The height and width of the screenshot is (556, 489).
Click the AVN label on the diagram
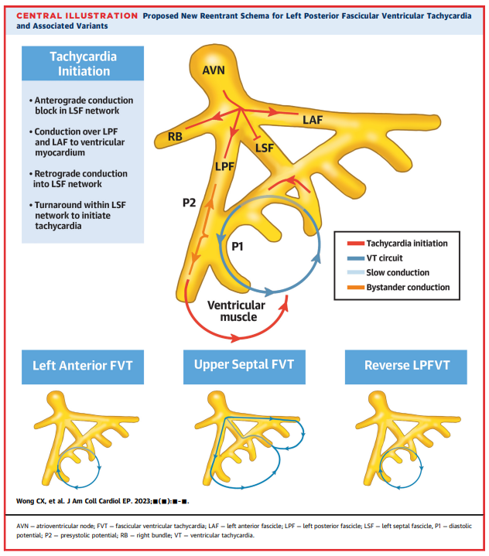[214, 70]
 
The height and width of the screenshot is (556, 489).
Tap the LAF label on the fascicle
[312, 120]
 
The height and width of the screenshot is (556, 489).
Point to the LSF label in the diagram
[265, 146]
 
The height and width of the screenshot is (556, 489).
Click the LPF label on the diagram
[224, 165]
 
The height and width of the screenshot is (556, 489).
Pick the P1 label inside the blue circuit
[241, 246]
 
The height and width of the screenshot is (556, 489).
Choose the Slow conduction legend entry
[404, 273]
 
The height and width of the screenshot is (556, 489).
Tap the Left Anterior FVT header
[83, 366]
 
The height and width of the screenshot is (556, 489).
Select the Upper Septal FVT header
[244, 366]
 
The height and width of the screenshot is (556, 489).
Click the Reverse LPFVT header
[406, 366]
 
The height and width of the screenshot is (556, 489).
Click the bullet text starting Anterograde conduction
[84, 106]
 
